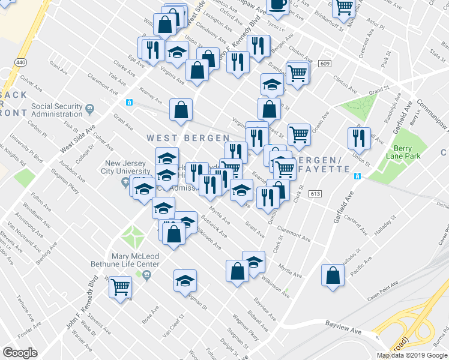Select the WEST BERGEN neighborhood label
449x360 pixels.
[188, 138]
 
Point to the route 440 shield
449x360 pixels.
[21, 62]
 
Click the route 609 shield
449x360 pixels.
[325, 64]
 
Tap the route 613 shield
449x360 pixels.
[315, 194]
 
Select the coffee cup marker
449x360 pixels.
[277, 5]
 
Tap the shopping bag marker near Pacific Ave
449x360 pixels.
[333, 276]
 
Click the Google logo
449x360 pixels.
[20, 353]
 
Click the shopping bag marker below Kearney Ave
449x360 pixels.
[181, 110]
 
